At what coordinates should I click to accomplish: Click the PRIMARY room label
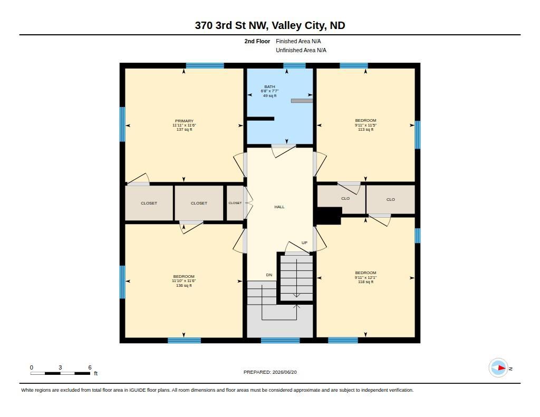[x=184, y=121]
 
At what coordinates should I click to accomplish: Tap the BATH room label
[x=269, y=87]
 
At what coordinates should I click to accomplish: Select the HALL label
[x=279, y=207]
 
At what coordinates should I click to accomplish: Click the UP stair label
[x=304, y=243]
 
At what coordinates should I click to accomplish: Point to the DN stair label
[x=269, y=275]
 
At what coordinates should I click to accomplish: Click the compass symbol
[x=498, y=368]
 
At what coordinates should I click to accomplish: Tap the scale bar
[x=60, y=373]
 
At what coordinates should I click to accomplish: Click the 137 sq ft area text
[x=184, y=130]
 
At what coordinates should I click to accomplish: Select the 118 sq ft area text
[x=366, y=282]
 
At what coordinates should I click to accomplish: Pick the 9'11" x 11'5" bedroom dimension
[x=366, y=125]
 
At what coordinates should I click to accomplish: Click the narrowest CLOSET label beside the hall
[x=235, y=203]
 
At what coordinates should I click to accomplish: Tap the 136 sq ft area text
[x=184, y=285]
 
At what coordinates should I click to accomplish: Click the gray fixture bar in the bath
[x=302, y=101]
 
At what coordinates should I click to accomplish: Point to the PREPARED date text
[x=270, y=372]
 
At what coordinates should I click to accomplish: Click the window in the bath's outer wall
[x=294, y=66]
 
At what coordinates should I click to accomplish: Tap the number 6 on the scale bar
[x=90, y=367]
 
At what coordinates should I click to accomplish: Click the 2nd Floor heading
[x=257, y=41]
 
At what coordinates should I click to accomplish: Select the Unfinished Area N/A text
[x=301, y=50]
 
